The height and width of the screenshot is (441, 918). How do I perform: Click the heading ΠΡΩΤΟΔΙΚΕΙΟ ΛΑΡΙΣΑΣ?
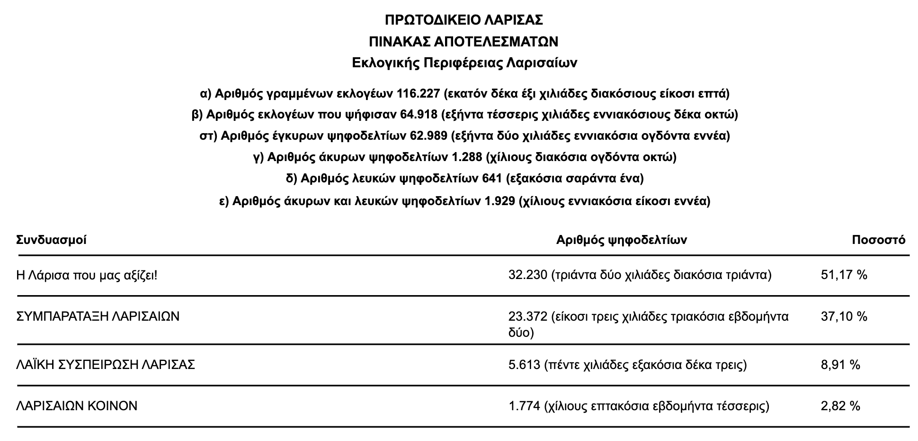(x=463, y=20)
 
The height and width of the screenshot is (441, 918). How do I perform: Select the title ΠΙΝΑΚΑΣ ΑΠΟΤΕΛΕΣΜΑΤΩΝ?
(x=463, y=42)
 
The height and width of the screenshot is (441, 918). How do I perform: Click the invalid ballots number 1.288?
(x=467, y=157)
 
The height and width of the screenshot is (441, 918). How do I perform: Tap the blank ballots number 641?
(x=492, y=179)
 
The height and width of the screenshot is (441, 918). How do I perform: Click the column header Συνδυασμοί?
(x=52, y=240)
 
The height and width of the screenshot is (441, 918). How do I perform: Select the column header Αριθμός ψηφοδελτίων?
(x=621, y=240)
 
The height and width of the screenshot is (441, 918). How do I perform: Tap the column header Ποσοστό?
(x=878, y=240)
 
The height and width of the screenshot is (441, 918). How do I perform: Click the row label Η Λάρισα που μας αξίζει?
(x=87, y=275)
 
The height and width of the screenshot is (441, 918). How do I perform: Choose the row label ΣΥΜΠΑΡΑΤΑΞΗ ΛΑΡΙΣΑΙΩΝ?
(x=98, y=316)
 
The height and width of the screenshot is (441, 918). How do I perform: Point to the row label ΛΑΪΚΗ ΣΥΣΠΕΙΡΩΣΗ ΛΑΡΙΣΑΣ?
(x=106, y=365)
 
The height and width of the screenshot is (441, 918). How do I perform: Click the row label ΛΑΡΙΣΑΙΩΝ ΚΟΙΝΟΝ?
(x=77, y=406)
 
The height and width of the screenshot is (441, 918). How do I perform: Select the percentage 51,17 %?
(x=844, y=275)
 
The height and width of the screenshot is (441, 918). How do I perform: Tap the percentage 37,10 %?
(x=844, y=316)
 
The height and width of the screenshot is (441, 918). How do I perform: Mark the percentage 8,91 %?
(x=840, y=365)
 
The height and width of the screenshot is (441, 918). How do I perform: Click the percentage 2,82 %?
(x=840, y=406)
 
